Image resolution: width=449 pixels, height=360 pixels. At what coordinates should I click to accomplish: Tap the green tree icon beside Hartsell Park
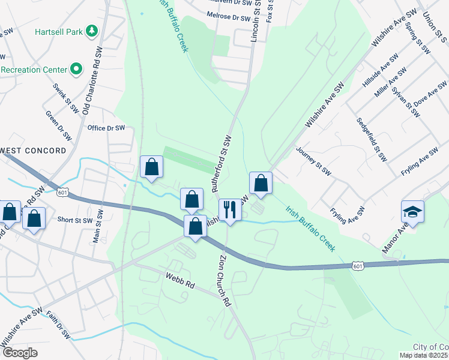pyautogui.click(x=91, y=30)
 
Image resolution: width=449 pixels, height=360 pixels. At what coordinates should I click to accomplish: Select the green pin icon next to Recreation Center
pyautogui.click(x=76, y=70)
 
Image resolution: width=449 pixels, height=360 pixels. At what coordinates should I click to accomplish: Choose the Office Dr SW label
pyautogui.click(x=106, y=128)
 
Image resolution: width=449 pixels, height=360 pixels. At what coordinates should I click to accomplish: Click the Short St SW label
pyautogui.click(x=75, y=220)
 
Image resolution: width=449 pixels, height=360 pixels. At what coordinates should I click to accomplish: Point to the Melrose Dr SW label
pyautogui.click(x=228, y=19)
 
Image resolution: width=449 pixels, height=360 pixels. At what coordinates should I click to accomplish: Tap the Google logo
pyautogui.click(x=19, y=353)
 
